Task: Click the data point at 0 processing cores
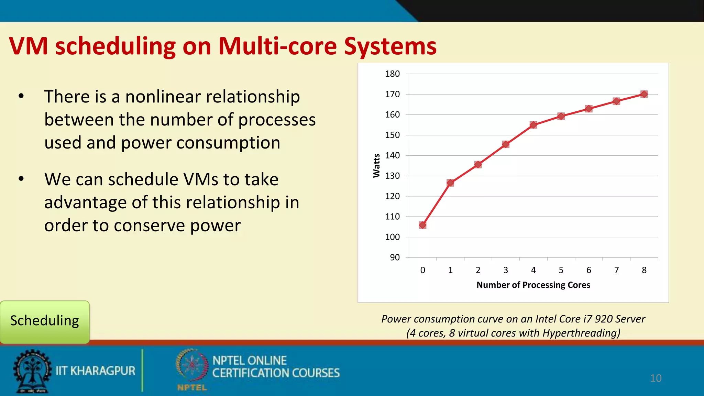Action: click(x=422, y=225)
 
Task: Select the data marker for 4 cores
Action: click(x=533, y=125)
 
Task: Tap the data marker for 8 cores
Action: click(x=644, y=94)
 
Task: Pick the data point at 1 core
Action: click(x=450, y=183)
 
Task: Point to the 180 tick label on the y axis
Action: click(x=392, y=74)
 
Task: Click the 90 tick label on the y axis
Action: click(x=395, y=257)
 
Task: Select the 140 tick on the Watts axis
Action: click(x=392, y=155)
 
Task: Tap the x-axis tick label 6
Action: click(x=588, y=270)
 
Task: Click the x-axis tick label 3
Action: click(x=506, y=270)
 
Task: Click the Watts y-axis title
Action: click(x=377, y=166)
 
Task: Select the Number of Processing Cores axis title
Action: click(x=533, y=285)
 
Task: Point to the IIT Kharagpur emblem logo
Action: click(x=32, y=371)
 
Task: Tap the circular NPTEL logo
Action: click(x=192, y=366)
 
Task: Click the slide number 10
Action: click(x=656, y=378)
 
